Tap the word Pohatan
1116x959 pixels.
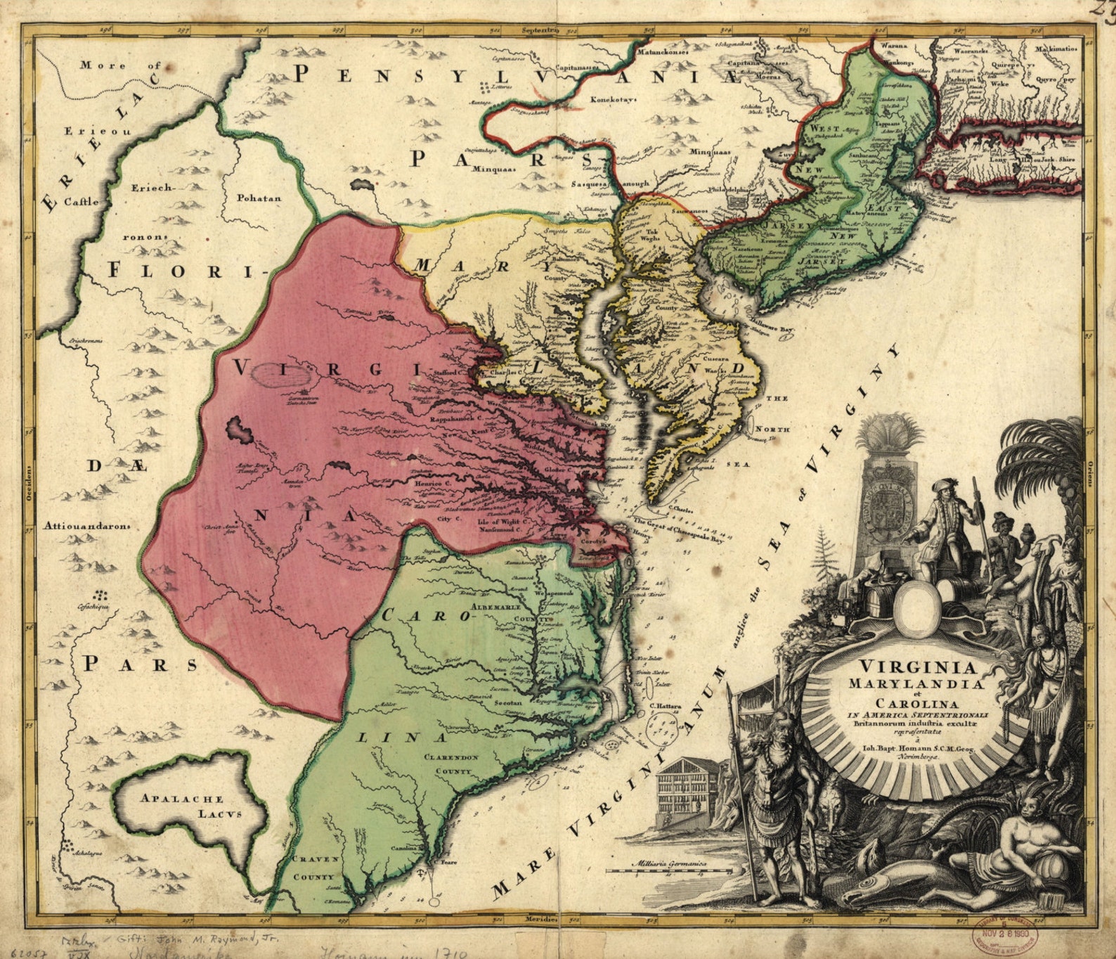pyautogui.click(x=259, y=198)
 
